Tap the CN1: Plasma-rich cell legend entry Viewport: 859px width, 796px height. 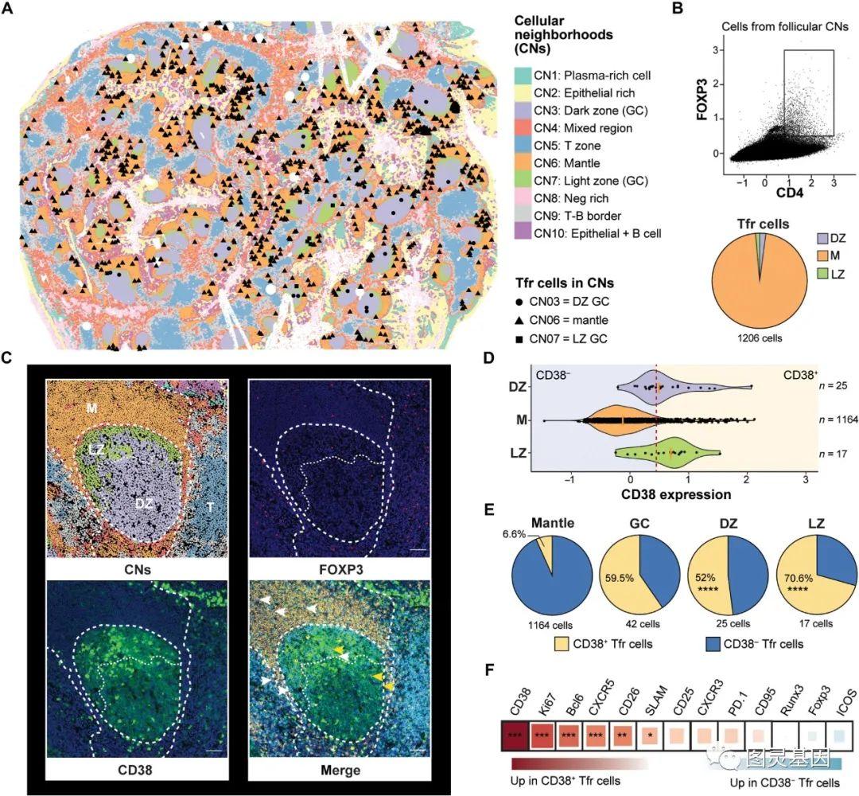pos(593,76)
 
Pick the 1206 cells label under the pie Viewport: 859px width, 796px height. pos(760,338)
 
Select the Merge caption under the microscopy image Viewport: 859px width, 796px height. pos(338,771)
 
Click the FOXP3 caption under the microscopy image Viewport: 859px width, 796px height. pos(338,570)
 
